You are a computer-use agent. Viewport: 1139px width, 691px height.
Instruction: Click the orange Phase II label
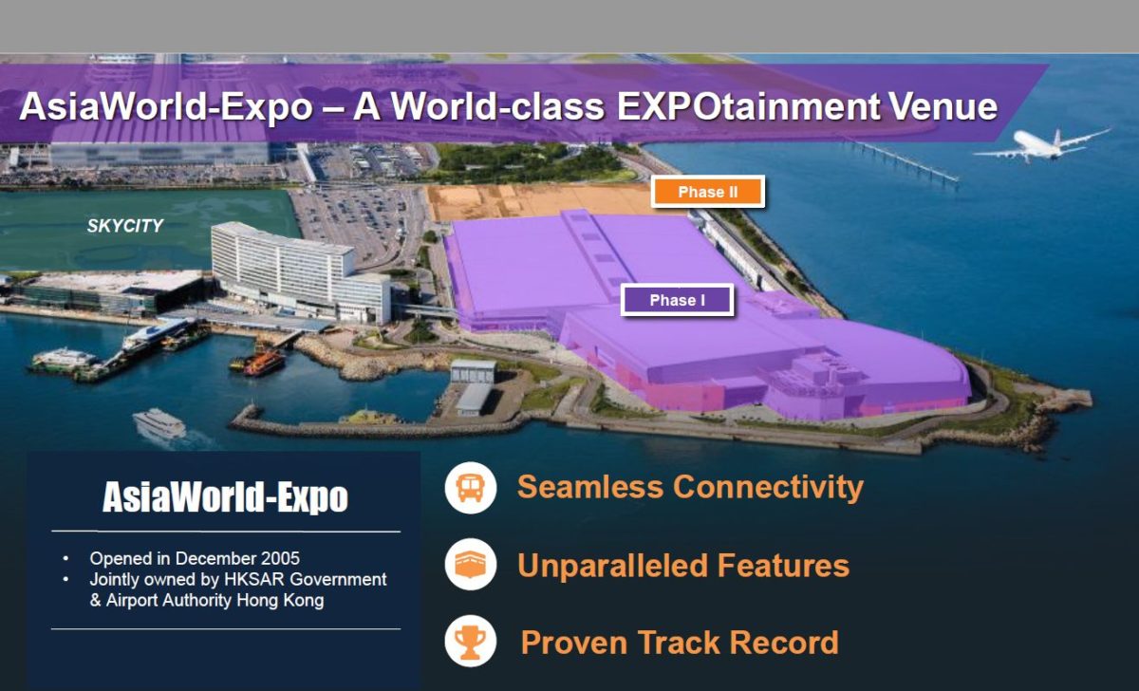pos(708,192)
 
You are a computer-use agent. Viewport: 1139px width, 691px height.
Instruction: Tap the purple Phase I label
pos(678,300)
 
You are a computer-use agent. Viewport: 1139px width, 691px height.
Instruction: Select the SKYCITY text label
pos(125,226)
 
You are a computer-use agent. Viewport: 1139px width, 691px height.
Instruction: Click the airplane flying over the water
pos(1041,144)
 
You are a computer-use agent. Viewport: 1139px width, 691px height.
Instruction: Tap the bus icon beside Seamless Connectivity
pos(471,488)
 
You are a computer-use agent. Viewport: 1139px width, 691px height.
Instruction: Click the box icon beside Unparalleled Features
pos(471,565)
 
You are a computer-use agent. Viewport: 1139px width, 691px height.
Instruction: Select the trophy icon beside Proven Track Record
pos(471,642)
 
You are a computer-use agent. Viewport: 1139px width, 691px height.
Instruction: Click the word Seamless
pos(590,487)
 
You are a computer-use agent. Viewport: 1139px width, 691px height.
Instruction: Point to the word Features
pos(783,566)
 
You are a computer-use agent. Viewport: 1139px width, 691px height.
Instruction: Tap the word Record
pos(784,643)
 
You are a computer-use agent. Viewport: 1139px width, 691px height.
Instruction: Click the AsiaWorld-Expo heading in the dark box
pos(225,497)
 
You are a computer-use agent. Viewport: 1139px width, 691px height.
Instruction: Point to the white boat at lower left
pos(159,423)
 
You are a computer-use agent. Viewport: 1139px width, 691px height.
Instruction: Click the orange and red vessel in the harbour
pos(258,362)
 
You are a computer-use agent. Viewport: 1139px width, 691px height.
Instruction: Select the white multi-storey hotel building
pos(301,273)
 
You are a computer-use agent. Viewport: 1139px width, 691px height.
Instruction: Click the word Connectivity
pos(768,487)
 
